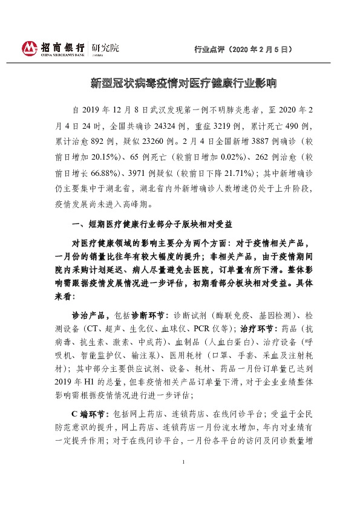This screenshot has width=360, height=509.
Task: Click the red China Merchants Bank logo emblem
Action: click(x=29, y=48)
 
